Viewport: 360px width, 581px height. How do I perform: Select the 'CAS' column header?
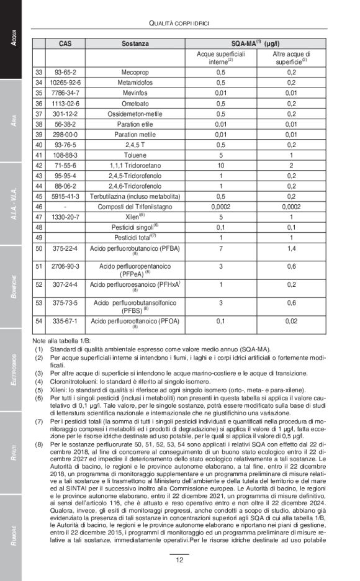coord(65,44)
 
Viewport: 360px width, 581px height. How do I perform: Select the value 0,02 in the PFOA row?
coord(292,322)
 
